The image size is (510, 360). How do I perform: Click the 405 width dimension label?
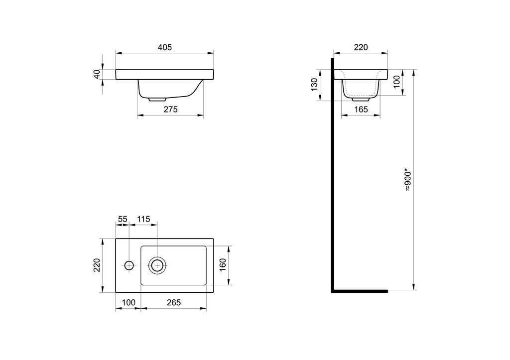coord(164,47)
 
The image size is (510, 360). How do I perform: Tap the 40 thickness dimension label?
coord(97,75)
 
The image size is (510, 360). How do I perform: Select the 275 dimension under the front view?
coord(170,110)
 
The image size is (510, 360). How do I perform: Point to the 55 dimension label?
coord(123,219)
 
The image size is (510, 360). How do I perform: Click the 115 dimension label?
coord(143,219)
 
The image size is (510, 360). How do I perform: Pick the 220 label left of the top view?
coord(97,265)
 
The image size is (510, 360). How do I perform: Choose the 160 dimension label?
coord(223,265)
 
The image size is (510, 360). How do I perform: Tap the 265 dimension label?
coord(174,303)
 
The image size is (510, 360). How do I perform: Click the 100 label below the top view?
coord(128,303)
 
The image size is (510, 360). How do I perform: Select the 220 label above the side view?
coord(361,47)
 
